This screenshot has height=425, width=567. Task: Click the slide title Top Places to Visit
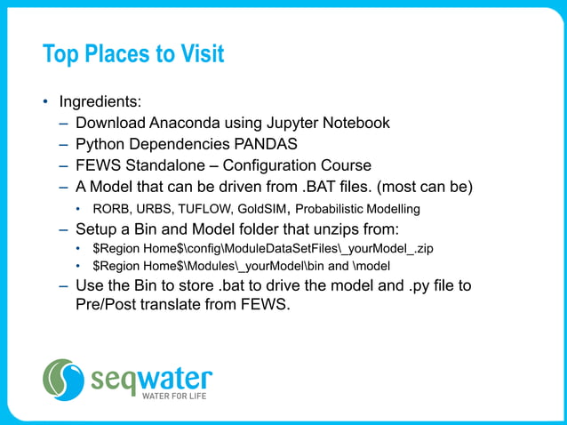[x=133, y=54]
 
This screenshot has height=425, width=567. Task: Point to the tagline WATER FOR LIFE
[x=175, y=397]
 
